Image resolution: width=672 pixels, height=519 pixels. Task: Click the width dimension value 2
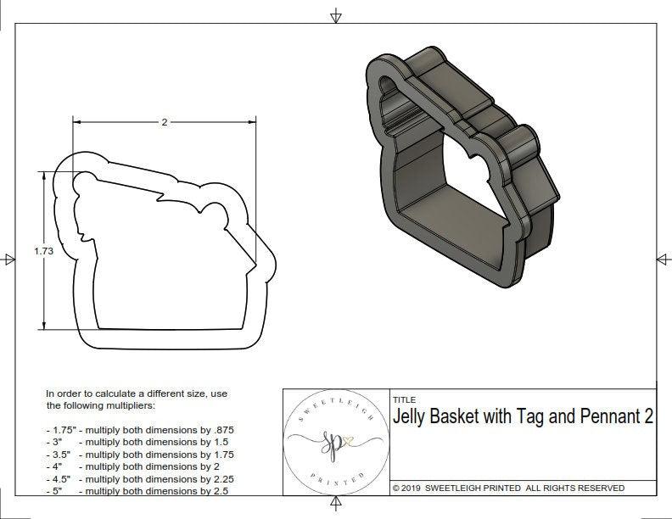click(164, 122)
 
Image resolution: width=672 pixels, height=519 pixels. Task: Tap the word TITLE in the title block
click(404, 399)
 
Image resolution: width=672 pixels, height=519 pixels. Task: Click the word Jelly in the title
click(415, 416)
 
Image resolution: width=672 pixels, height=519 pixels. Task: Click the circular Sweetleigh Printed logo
click(335, 441)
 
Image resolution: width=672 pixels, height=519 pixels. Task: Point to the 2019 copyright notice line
click(508, 488)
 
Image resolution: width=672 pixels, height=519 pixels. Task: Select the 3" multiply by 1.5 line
click(136, 442)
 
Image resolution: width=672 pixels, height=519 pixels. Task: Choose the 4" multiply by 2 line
click(132, 466)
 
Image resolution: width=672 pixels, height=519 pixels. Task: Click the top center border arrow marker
click(336, 16)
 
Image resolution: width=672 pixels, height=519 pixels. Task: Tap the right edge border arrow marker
click(661, 259)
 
